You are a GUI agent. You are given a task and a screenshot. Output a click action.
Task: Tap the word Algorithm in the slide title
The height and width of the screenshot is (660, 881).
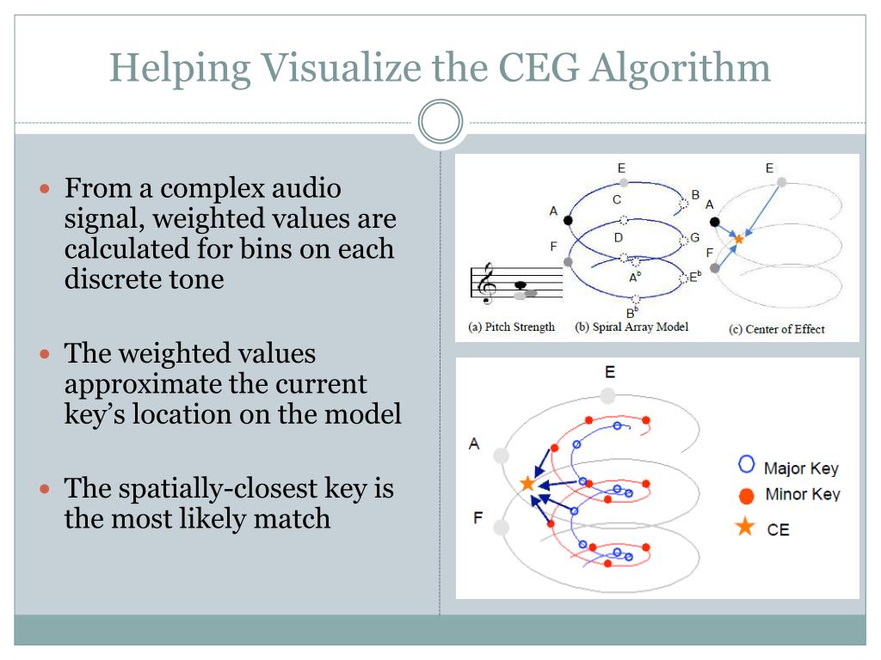(x=679, y=68)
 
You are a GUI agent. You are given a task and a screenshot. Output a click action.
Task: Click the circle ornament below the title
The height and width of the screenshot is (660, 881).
(x=440, y=123)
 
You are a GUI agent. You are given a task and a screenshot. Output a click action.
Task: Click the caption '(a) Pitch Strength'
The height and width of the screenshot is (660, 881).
(x=511, y=327)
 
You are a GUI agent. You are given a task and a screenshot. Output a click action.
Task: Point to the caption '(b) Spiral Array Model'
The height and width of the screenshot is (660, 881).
(x=631, y=327)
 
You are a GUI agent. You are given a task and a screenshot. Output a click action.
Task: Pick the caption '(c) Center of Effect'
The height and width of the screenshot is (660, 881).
(x=776, y=329)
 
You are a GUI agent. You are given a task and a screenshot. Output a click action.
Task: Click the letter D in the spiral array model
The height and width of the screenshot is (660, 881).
(x=618, y=237)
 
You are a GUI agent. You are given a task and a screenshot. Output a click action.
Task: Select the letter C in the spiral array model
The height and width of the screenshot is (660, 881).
(x=617, y=200)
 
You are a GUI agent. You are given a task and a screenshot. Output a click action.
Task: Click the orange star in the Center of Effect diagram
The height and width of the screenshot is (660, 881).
(x=738, y=239)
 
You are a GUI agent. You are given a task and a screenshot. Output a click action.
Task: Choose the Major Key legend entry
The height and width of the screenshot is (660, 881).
(x=789, y=467)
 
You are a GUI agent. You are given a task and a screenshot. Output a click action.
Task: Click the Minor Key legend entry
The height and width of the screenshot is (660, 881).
(x=790, y=495)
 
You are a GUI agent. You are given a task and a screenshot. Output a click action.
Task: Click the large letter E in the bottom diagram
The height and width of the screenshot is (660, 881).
(x=609, y=373)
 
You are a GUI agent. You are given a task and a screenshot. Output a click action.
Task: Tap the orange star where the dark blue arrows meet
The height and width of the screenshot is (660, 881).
(x=527, y=485)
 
